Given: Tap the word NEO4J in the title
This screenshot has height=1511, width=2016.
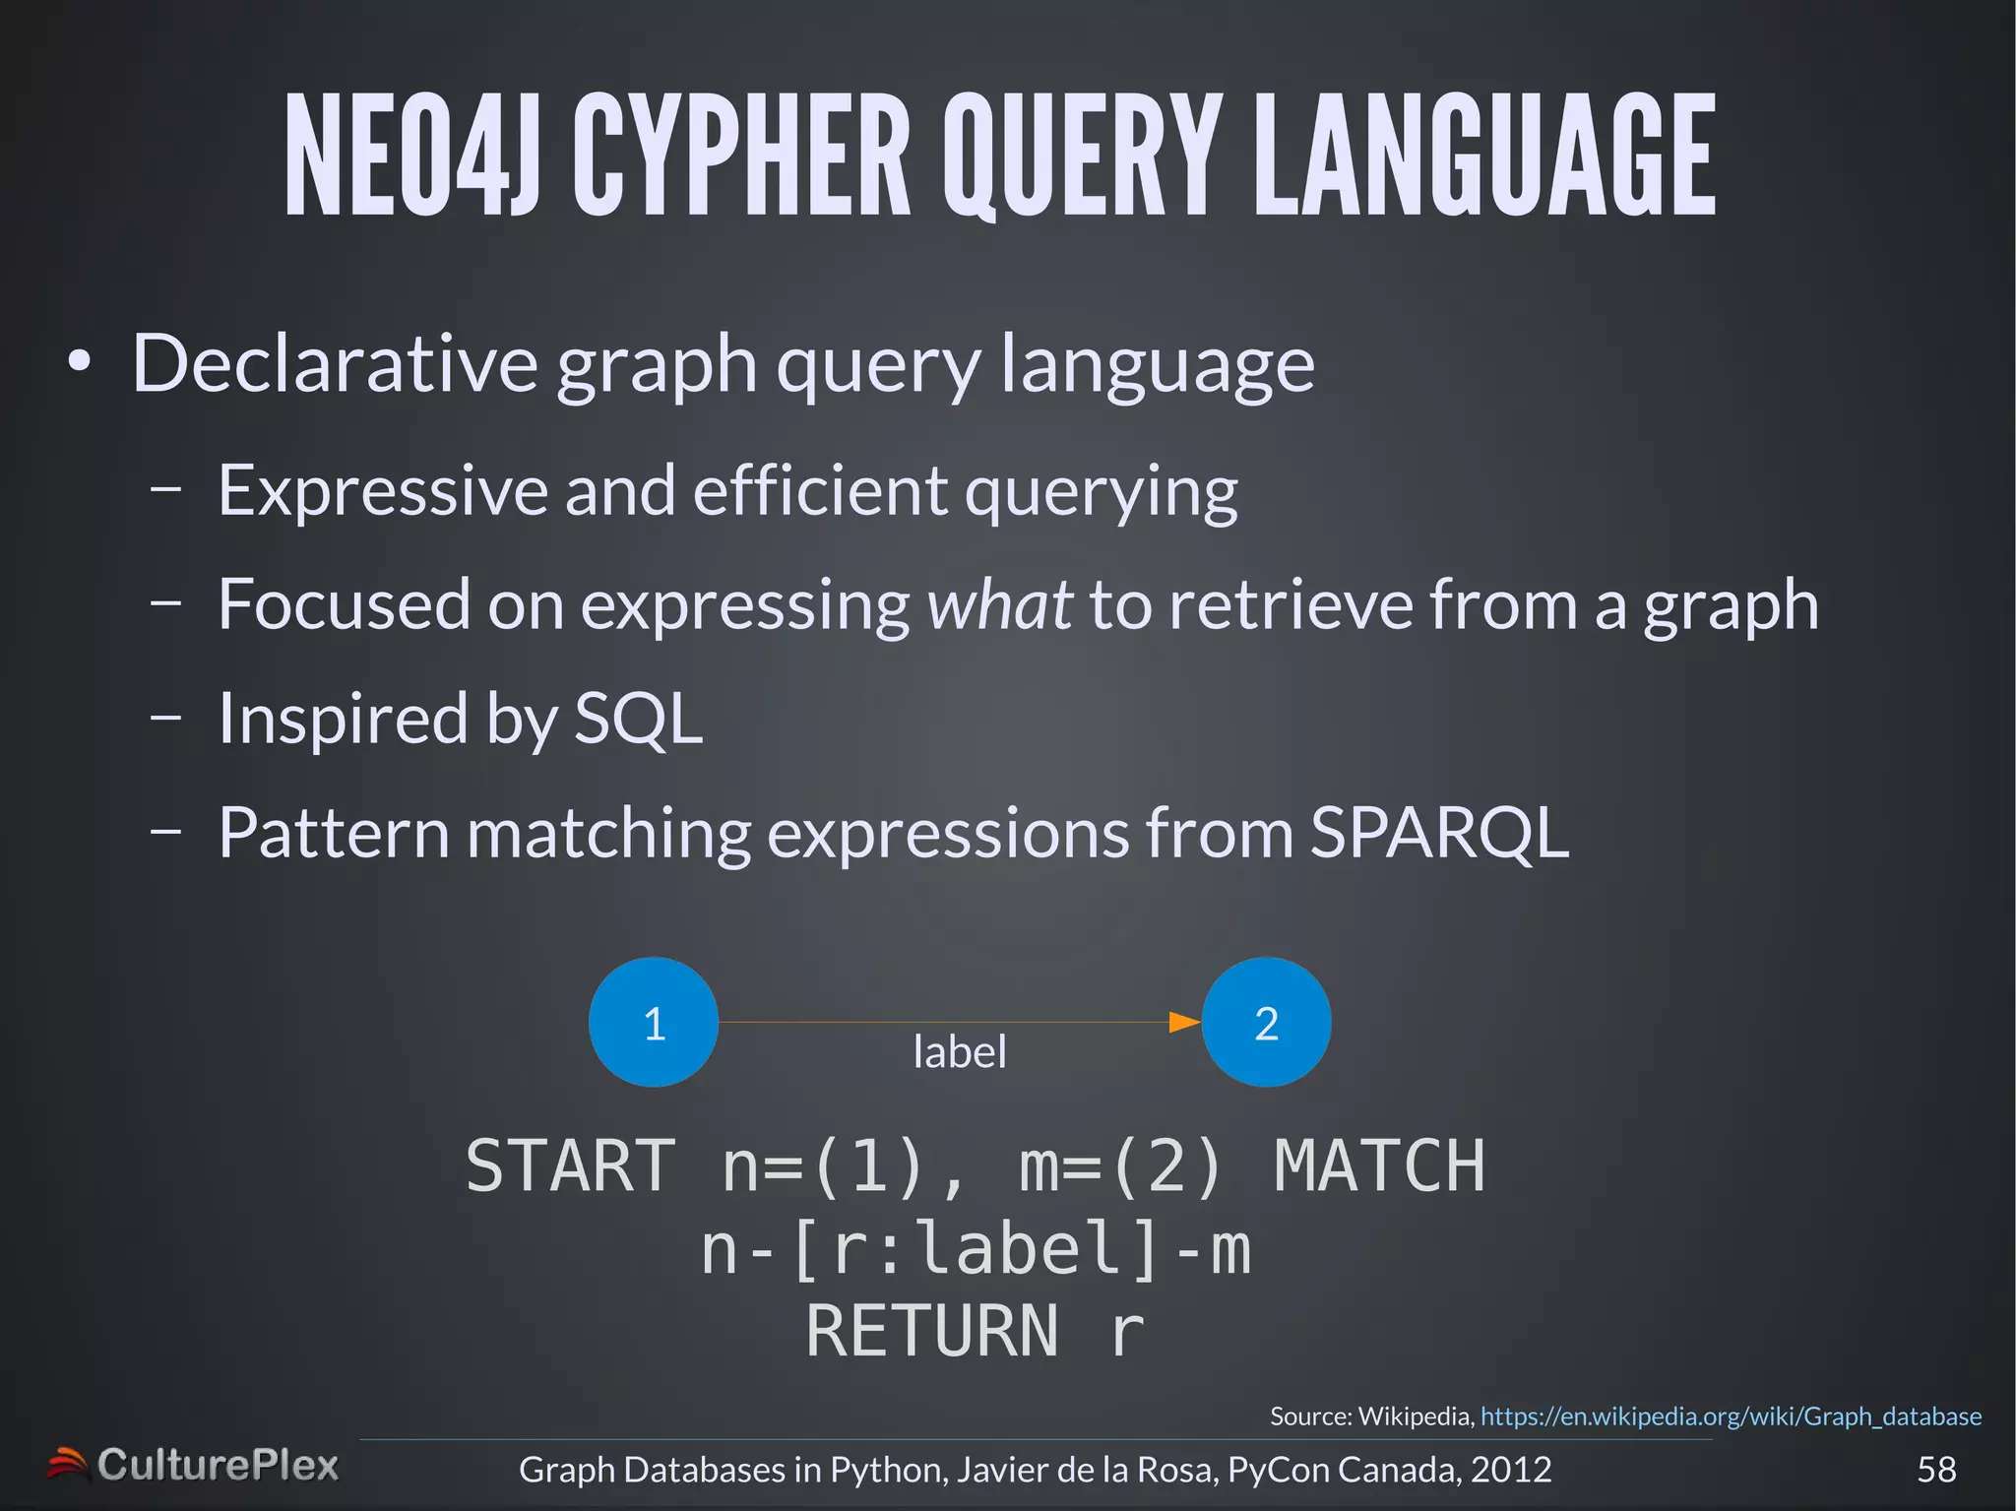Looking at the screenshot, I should point(411,156).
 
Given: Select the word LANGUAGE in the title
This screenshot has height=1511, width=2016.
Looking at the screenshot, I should point(1484,156).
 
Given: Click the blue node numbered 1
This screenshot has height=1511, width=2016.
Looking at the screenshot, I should point(654,1023).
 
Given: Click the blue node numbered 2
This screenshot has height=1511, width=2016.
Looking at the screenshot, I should point(1266,1023).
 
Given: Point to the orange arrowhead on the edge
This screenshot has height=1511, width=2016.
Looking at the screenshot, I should point(1183,1023).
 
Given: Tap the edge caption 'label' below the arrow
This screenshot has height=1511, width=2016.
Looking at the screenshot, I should point(960,1052).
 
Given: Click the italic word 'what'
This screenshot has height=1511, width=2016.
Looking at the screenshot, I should point(999,604).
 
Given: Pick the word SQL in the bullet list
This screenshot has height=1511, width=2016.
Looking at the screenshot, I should point(638,719).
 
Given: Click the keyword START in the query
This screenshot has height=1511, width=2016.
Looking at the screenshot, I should point(571,1166).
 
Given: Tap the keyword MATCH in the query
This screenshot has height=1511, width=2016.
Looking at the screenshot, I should point(1379,1166).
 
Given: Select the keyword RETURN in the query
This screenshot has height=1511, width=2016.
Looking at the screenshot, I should point(931,1332).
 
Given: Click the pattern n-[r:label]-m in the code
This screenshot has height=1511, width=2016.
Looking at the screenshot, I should point(976,1250).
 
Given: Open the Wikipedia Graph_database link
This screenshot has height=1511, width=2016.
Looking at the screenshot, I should point(1731,1417).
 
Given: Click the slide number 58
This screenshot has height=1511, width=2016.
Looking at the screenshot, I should point(1936,1470).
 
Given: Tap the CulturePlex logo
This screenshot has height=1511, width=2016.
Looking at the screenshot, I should point(193,1466).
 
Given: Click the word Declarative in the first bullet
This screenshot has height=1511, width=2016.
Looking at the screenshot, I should point(335,364).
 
